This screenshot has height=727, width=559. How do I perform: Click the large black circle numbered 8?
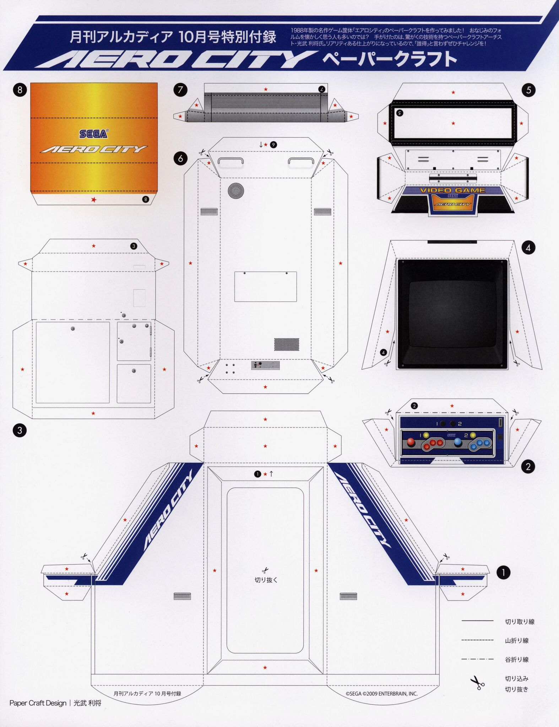20,90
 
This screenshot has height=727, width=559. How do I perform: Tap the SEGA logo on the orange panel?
93,134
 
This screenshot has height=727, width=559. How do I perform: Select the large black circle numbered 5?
528,90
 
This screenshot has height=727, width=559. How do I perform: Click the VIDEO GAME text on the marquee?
452,190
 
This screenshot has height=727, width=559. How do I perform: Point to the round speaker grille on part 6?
236,191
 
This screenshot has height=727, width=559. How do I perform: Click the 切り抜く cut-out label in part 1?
266,580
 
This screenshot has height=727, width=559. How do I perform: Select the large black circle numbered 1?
503,572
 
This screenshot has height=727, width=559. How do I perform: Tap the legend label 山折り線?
517,640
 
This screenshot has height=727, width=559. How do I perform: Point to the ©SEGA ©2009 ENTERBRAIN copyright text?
381,693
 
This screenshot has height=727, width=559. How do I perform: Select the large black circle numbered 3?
20,431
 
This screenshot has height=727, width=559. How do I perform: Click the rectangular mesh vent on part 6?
286,344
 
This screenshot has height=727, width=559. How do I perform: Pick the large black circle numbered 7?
180,90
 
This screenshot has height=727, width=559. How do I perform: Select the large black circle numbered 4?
528,247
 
